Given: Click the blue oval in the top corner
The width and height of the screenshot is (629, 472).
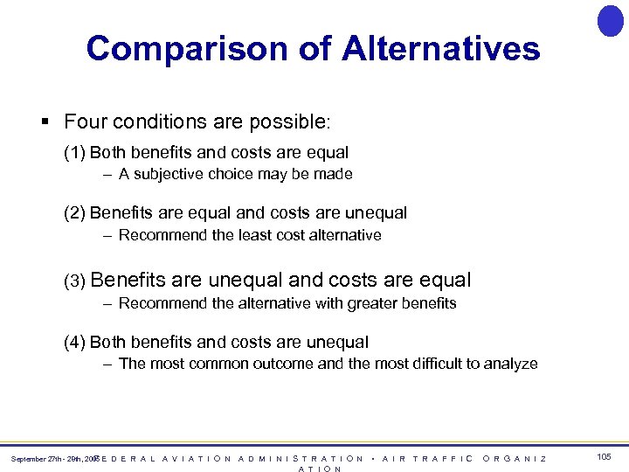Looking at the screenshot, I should (610, 20).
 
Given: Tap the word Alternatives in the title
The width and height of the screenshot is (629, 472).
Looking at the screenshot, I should (441, 48).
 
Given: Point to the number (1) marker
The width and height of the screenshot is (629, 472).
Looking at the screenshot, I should (74, 153).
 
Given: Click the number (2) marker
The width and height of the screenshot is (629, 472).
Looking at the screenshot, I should (74, 213).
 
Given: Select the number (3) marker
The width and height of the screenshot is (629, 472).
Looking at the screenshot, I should (74, 281).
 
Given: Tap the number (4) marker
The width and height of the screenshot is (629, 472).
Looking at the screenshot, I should (74, 343).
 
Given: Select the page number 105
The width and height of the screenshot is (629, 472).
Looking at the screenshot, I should (604, 457).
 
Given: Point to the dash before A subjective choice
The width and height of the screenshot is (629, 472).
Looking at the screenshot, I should (106, 174).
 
